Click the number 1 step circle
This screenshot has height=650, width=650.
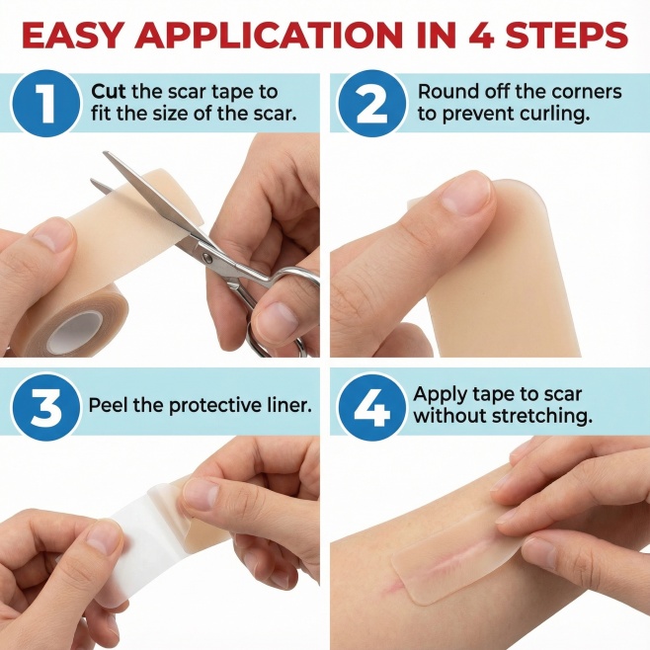(45, 103)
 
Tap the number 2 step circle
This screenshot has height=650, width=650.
(371, 103)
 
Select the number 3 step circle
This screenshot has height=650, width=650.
(45, 405)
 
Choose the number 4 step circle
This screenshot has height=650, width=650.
(371, 405)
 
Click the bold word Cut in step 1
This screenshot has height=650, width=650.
(108, 91)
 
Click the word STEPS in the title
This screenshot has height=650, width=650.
(565, 36)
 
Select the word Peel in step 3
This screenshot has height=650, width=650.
(109, 405)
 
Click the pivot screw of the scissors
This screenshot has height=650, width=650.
(207, 259)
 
